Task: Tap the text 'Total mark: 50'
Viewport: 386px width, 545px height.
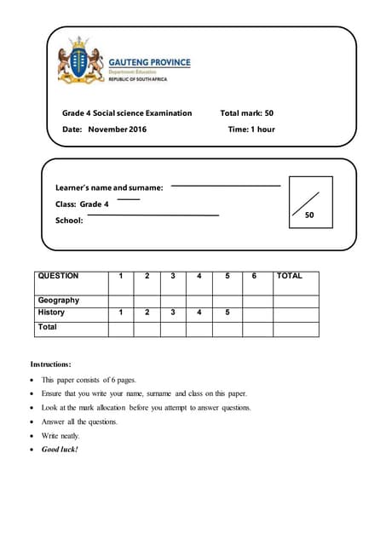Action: [246, 112]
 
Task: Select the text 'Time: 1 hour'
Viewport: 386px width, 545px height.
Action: [251, 129]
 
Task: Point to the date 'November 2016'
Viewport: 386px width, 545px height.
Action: [118, 129]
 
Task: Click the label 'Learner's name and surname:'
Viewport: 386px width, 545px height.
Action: [109, 186]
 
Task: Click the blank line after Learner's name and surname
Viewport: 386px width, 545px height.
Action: [226, 185]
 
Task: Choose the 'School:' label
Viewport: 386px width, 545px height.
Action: [69, 221]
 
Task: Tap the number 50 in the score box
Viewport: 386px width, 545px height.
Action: [309, 215]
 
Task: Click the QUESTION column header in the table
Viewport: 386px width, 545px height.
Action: [58, 276]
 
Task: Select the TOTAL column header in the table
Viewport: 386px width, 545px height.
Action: [290, 276]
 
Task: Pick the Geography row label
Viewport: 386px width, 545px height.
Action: [59, 300]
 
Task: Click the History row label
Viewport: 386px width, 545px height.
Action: [51, 313]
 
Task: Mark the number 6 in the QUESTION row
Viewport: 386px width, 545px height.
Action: [254, 276]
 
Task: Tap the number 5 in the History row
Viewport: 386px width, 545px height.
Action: [228, 313]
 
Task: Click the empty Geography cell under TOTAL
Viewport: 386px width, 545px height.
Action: [295, 300]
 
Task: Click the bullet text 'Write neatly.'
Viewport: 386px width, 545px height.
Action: [60, 435]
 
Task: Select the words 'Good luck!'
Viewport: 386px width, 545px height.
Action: [60, 449]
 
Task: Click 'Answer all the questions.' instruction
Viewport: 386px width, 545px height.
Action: [79, 422]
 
